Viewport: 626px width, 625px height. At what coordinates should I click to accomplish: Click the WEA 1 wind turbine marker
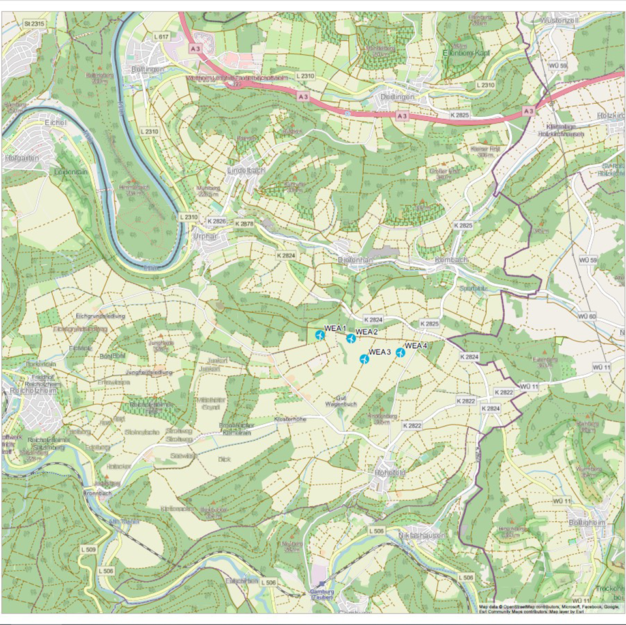point(320,335)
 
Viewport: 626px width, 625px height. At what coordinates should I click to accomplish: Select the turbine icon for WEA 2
point(351,338)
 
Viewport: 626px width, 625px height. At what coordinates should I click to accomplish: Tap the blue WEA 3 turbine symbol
point(365,359)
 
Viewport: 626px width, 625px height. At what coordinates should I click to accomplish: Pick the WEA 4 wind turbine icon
point(400,353)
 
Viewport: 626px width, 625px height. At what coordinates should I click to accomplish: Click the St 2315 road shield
point(34,24)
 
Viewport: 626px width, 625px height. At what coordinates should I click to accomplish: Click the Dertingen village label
point(396,97)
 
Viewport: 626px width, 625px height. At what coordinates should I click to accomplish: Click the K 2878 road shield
point(243,224)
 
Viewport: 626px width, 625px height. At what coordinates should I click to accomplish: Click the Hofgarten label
point(20,157)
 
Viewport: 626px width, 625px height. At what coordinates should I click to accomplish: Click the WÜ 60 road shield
point(588,316)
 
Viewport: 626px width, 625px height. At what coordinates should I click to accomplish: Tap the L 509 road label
point(88,551)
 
